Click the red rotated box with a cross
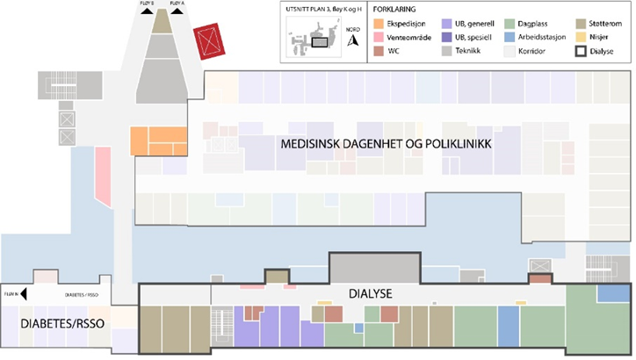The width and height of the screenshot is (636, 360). [x=210, y=40]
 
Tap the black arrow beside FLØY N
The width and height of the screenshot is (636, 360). [x=25, y=295]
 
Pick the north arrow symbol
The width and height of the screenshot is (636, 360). [x=353, y=40]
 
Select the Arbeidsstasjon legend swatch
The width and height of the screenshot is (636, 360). [x=510, y=38]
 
